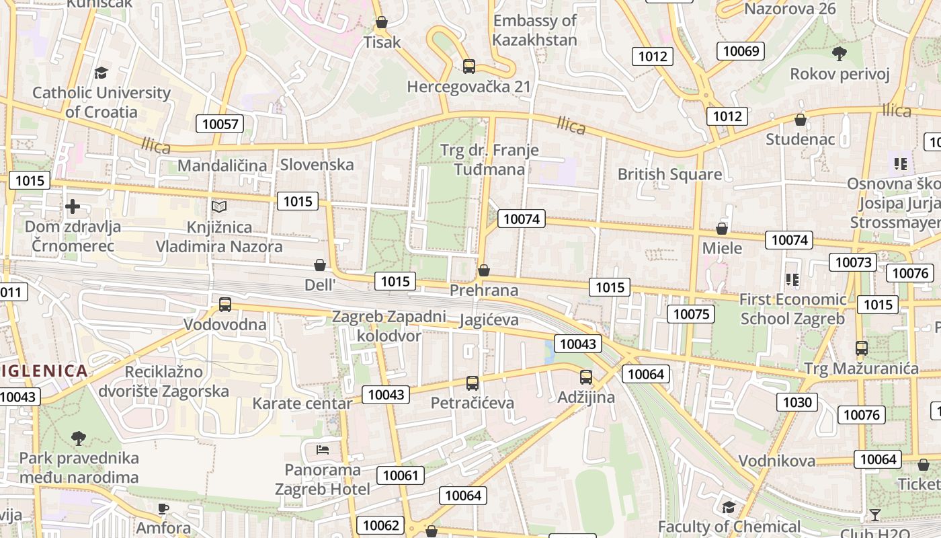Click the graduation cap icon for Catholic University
(x=101, y=73)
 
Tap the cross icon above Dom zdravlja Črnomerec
(x=73, y=206)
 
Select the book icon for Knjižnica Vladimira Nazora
(x=219, y=206)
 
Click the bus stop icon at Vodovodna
(x=225, y=305)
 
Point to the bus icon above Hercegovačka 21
(x=469, y=67)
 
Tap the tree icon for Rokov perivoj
(x=839, y=53)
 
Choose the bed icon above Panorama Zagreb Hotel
(x=323, y=449)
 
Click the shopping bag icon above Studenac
(x=801, y=120)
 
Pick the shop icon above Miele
(x=722, y=229)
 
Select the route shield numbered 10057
(x=220, y=124)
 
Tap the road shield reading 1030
(x=798, y=402)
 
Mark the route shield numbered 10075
(x=691, y=314)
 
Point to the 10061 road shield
(x=401, y=475)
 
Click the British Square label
(x=669, y=175)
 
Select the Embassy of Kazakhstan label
(x=534, y=30)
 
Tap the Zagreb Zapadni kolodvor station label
(x=389, y=325)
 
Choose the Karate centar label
(x=302, y=403)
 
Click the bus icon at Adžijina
(x=586, y=377)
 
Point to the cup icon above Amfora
(x=163, y=508)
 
